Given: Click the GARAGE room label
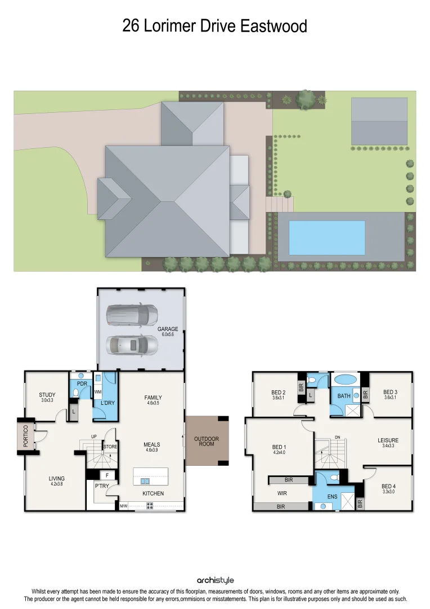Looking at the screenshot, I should click(168, 329).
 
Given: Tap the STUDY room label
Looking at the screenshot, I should click(47, 395).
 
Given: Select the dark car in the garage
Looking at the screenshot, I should click(132, 315).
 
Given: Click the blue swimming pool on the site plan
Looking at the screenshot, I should click(326, 237).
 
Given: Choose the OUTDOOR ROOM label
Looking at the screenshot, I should click(207, 442).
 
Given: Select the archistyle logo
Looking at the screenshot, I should click(215, 580).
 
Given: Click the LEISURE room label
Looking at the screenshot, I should click(388, 440).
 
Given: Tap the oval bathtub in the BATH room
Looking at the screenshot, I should click(344, 379).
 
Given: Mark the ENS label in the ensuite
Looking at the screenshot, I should click(333, 497).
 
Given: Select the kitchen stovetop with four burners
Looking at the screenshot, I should click(150, 506).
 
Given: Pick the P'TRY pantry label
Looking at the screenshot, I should click(101, 486).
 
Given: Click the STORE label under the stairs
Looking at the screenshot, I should click(110, 447).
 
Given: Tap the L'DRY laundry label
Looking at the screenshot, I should click(107, 403).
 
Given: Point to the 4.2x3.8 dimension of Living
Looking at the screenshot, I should click(56, 484).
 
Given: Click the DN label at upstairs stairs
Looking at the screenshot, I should click(337, 437).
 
